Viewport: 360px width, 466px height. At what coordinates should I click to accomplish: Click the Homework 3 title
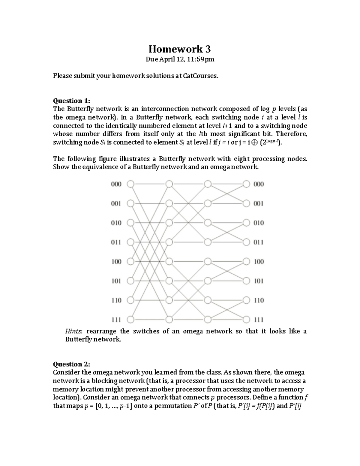(180, 49)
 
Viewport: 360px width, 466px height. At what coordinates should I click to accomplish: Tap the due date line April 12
(180, 59)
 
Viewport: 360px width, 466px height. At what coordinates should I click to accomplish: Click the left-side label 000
(116, 184)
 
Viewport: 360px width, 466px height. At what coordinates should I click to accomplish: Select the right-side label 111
(259, 320)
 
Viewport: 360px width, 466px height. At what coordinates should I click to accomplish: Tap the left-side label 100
(116, 262)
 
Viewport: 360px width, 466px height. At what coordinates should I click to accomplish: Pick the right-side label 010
(259, 223)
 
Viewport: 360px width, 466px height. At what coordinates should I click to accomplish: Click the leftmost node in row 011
(130, 242)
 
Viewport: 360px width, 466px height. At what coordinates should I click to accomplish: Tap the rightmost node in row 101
(246, 281)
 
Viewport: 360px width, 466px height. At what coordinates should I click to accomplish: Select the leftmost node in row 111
(130, 319)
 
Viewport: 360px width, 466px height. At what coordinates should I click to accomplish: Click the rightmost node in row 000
(246, 184)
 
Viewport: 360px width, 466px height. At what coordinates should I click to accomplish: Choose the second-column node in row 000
(169, 184)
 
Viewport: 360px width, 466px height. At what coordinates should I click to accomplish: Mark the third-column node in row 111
(208, 319)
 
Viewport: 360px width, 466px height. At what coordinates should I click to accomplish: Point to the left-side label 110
(116, 300)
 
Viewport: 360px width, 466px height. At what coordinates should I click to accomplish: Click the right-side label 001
(259, 204)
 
